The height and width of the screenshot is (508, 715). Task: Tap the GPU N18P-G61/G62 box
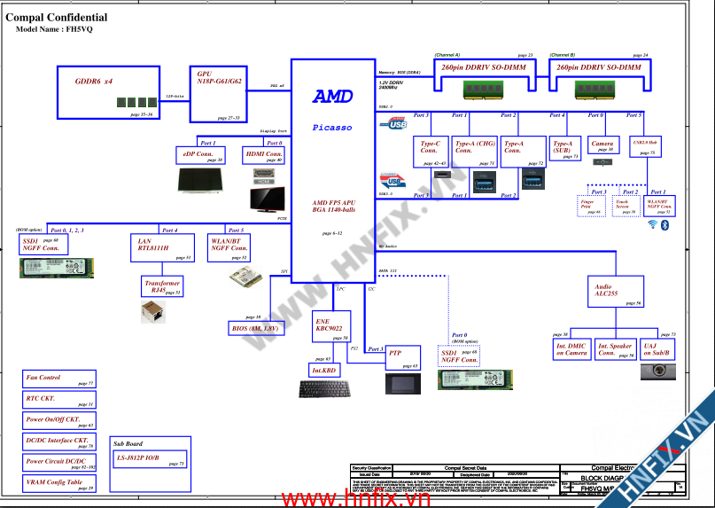tap(217, 92)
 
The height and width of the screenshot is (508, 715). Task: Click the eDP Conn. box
tap(199, 156)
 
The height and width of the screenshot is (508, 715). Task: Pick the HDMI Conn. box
tap(263, 156)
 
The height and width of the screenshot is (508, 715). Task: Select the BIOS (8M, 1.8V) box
tap(256, 329)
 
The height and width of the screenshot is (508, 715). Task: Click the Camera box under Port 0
tap(602, 145)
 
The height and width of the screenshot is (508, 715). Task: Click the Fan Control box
tap(59, 379)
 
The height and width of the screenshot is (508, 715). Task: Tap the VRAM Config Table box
tap(59, 484)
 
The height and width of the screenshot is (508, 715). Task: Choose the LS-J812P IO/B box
tap(148, 459)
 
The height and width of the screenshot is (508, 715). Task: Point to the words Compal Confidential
tap(57, 17)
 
